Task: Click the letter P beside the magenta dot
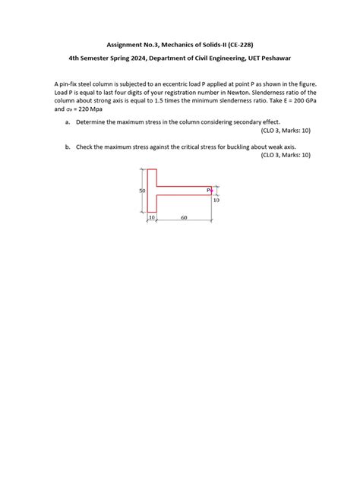point(207,190)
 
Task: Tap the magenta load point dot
point(212,191)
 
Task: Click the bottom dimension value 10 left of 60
point(151,217)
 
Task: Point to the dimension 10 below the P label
point(216,201)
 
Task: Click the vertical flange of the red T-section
point(151,191)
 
